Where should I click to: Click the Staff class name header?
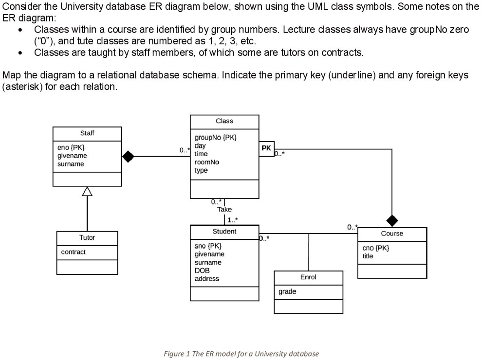[x=87, y=133]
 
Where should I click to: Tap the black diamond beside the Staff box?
[x=128, y=156]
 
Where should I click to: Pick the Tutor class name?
[x=87, y=238]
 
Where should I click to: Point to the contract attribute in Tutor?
[x=73, y=252]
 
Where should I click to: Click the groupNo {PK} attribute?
[x=215, y=137]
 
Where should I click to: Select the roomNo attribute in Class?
[x=207, y=162]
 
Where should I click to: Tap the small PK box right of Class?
[x=266, y=148]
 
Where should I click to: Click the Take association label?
[x=224, y=209]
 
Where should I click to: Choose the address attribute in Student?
[x=207, y=279]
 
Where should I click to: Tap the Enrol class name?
[x=308, y=277]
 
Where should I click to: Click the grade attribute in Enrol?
[x=287, y=292]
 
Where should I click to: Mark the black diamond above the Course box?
[x=392, y=220]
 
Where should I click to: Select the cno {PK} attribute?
[x=375, y=248]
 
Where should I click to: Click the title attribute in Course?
[x=368, y=256]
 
